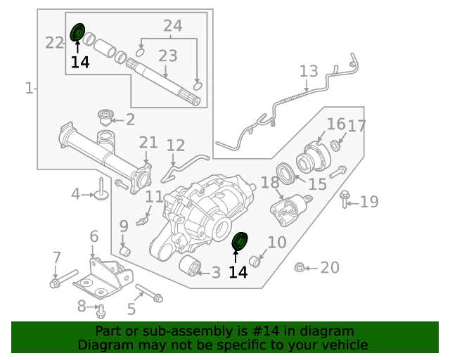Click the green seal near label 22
(77, 32)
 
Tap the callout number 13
(309, 71)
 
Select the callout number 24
(172, 26)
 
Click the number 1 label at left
(29, 88)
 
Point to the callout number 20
(329, 267)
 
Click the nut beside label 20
(298, 267)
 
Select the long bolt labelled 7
(65, 278)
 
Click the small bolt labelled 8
(101, 309)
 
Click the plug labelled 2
(106, 116)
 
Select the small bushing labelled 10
(257, 263)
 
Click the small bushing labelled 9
(126, 250)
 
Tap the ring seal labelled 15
(285, 173)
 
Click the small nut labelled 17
(335, 146)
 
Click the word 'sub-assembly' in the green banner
(181, 331)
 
